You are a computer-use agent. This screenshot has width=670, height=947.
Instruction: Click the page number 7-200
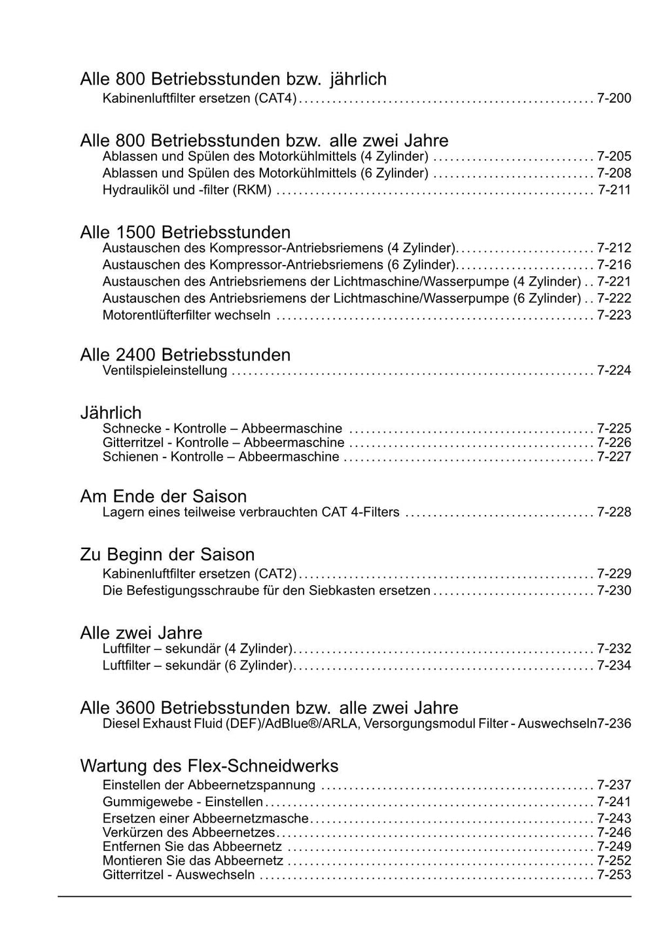[614, 99]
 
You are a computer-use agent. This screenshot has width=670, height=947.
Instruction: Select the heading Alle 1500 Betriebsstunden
[185, 232]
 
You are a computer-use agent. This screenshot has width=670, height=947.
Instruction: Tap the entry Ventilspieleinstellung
[165, 371]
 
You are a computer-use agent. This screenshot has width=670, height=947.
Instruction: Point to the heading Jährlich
[111, 413]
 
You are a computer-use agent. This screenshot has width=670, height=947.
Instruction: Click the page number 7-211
[614, 190]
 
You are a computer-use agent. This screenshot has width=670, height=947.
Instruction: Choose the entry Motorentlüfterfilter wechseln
[186, 315]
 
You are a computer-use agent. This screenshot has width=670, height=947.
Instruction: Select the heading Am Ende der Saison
[163, 496]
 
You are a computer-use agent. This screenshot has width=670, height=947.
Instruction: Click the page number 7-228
[614, 512]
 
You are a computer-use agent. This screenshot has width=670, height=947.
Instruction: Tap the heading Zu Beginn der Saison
[167, 554]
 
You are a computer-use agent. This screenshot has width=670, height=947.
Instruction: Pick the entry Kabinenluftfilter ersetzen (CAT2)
[200, 574]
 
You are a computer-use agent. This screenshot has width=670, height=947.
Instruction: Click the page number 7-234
[614, 666]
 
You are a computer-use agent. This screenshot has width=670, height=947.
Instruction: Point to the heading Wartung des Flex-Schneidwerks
[209, 766]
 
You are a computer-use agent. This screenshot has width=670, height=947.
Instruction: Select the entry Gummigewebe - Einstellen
[183, 802]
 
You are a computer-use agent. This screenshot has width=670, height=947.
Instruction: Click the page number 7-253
[614, 876]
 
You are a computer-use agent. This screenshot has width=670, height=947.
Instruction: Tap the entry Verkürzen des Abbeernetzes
[189, 832]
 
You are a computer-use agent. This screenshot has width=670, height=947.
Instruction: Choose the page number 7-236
[615, 724]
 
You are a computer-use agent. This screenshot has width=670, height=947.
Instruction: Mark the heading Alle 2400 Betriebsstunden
[185, 355]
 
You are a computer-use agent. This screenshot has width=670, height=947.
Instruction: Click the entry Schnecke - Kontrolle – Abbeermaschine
[222, 429]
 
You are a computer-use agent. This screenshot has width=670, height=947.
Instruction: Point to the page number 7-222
[614, 298]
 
